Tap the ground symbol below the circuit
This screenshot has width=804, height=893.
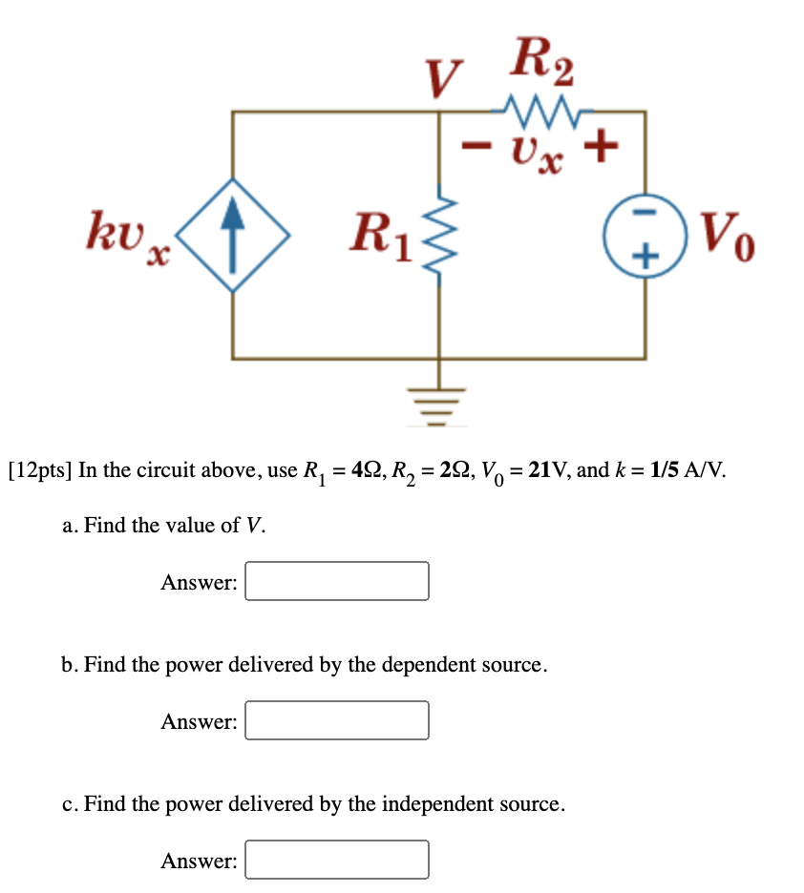pos(439,401)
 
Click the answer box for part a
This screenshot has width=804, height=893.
pos(337,581)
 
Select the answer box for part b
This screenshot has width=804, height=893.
pos(337,720)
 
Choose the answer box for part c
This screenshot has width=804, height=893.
pos(337,860)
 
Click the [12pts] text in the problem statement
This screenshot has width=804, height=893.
pos(39,471)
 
